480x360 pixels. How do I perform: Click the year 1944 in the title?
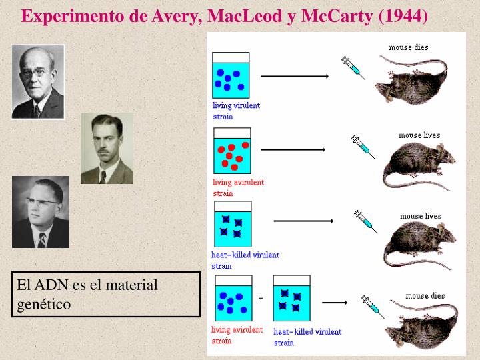tap(403, 15)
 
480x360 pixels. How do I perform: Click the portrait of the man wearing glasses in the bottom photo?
tap(40, 211)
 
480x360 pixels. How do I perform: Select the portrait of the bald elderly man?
tap(38, 81)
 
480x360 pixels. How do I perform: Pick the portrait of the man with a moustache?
tap(107, 148)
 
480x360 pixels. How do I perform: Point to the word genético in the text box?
tap(44, 305)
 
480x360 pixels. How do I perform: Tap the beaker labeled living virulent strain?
tap(230, 74)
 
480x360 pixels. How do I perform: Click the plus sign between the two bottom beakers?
tap(261, 298)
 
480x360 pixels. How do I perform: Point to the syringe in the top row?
tap(353, 67)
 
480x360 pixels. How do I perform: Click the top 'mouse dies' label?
tap(409, 47)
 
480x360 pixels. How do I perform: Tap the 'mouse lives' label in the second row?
tap(419, 135)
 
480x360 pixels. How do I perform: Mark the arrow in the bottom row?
tap(335, 302)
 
